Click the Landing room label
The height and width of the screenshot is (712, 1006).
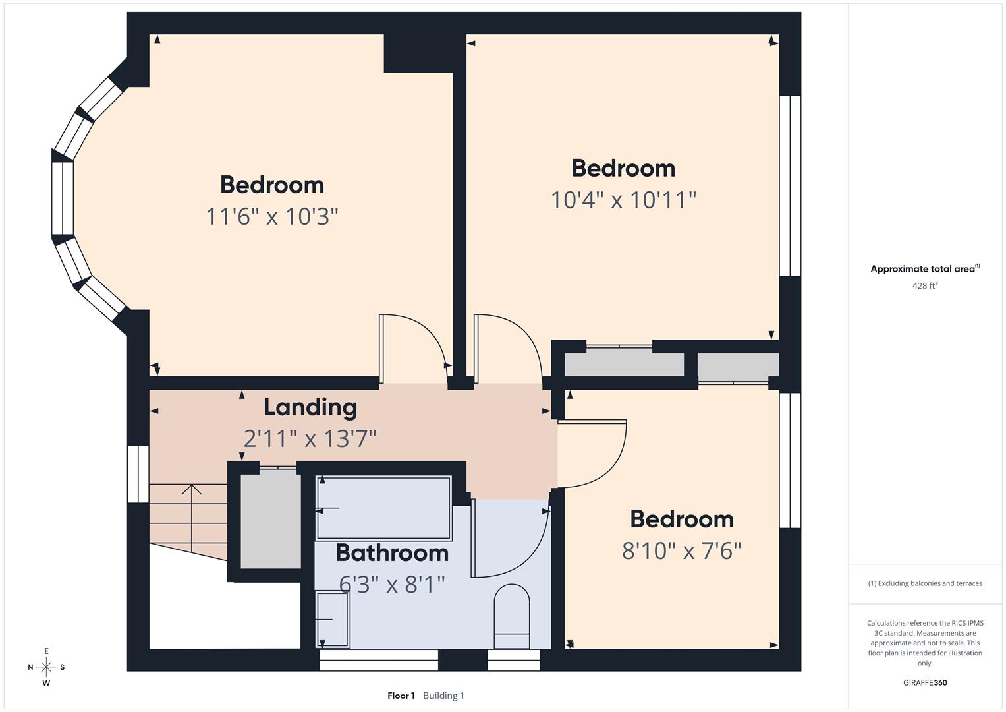click(x=310, y=407)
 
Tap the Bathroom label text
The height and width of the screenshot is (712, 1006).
click(x=392, y=552)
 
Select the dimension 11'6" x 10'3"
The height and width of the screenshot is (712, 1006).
click(x=272, y=216)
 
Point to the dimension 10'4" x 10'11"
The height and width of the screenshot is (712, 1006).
click(x=623, y=199)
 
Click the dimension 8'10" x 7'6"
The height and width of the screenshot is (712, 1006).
click(x=682, y=550)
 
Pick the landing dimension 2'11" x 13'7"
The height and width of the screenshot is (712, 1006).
click(x=310, y=438)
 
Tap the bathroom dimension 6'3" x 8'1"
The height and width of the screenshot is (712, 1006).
click(x=392, y=584)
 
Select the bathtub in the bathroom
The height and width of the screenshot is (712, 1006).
click(x=384, y=508)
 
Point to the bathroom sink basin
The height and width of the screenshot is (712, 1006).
click(x=333, y=620)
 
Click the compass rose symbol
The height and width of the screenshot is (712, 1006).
click(x=46, y=667)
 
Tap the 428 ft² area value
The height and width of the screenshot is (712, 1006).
click(x=925, y=285)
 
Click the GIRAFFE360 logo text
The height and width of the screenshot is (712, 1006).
click(x=925, y=682)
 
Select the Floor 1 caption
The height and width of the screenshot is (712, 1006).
click(x=401, y=696)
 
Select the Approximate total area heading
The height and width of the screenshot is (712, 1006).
click(x=925, y=269)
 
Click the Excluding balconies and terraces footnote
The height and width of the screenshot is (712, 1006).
click(x=925, y=583)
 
